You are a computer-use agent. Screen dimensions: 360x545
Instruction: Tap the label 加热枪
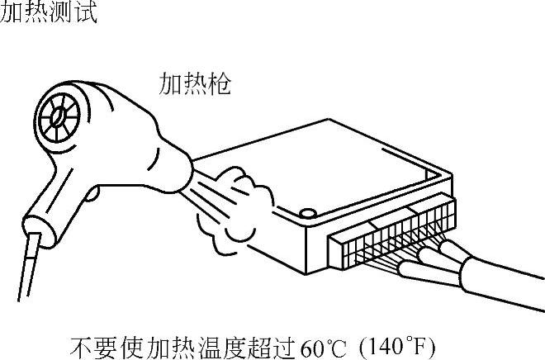click(x=195, y=83)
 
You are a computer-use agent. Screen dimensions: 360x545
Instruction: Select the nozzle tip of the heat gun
click(x=189, y=171)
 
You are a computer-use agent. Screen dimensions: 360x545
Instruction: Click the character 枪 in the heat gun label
click(x=219, y=83)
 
